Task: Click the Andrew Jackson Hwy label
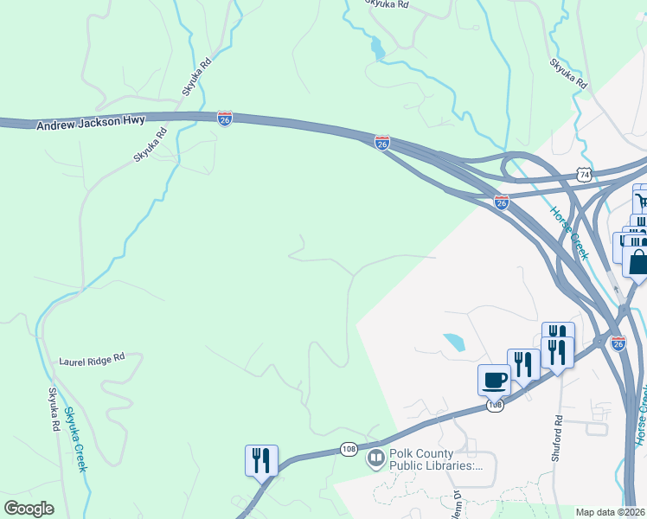[91, 123]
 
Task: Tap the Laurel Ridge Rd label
[93, 357]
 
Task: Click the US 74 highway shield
[586, 174]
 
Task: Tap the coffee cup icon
[494, 379]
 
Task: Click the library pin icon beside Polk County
[376, 458]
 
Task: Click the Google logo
[29, 509]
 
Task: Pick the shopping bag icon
[637, 263]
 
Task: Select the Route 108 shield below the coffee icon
[495, 405]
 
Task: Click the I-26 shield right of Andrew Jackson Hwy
[225, 117]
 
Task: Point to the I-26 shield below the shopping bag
[618, 343]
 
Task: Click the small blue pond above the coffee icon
[453, 342]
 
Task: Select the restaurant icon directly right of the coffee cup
[523, 364]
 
